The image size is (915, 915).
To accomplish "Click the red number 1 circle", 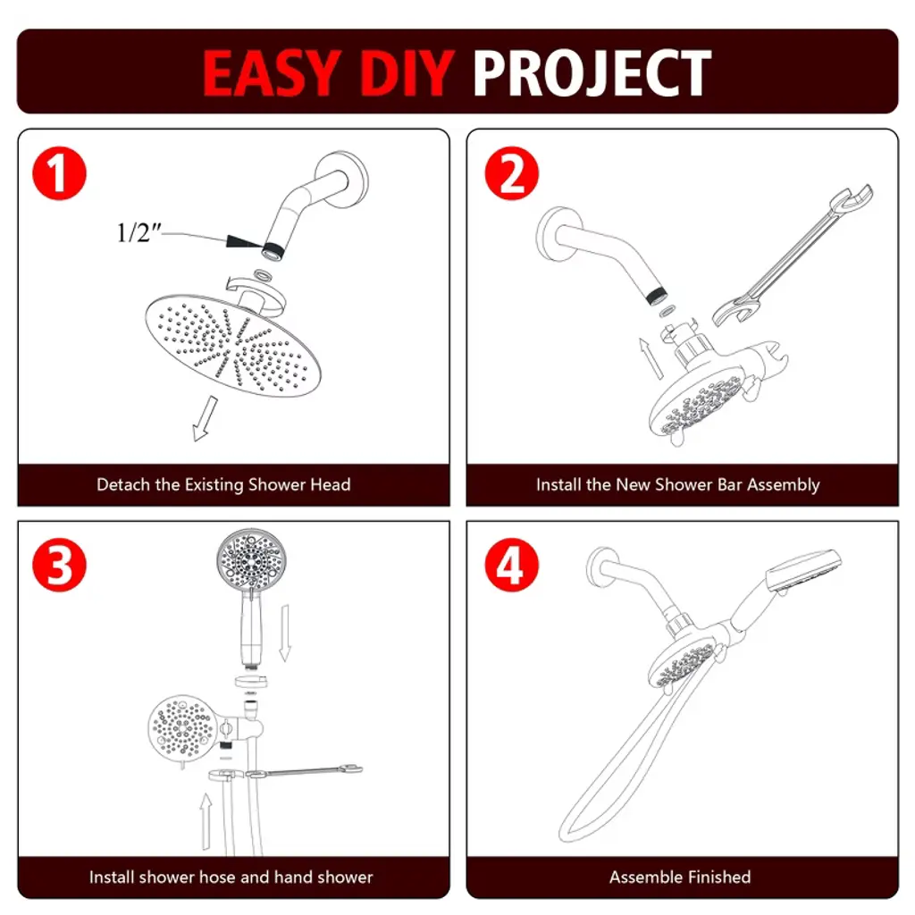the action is (59, 173).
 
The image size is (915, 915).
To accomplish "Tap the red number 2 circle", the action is (512, 173).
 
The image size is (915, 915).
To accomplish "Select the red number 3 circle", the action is (59, 565).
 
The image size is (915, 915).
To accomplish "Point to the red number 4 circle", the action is (512, 565).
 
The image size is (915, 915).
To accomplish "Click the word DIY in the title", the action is (407, 72).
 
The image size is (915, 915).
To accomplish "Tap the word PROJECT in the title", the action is (592, 72).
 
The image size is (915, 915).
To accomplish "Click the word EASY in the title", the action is (272, 72).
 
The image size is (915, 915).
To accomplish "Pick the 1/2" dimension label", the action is (139, 233).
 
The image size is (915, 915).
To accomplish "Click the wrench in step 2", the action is (793, 256).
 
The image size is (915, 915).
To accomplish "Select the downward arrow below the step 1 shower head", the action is (205, 418).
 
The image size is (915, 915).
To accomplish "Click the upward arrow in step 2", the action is (651, 357).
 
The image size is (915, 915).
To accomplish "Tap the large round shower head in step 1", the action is (233, 345).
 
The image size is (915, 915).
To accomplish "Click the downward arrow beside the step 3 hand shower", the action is (285, 634).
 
